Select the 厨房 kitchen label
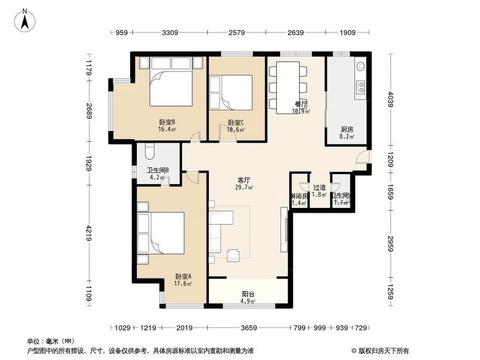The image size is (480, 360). click(x=347, y=130)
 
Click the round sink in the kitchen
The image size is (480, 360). click(x=360, y=66)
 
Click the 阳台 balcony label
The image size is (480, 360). click(x=248, y=295)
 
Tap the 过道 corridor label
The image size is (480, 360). click(x=320, y=188)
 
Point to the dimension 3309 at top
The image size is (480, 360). click(x=170, y=33)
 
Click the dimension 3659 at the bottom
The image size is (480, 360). click(x=249, y=328)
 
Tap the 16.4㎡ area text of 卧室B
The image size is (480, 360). click(x=167, y=129)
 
